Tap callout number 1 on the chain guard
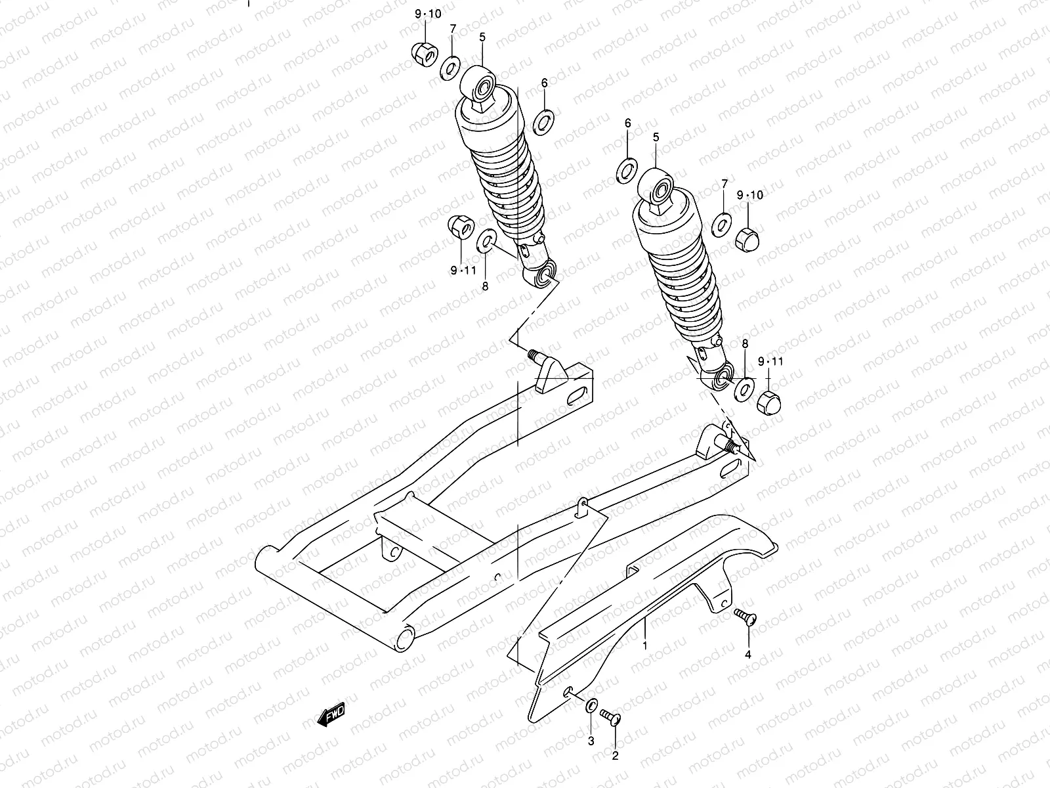[645, 645]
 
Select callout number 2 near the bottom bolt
[615, 756]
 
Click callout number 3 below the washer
[591, 741]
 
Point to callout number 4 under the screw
[747, 654]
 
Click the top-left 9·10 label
[428, 14]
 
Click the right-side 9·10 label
[749, 195]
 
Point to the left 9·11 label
[463, 270]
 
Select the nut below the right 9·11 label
[768, 399]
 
